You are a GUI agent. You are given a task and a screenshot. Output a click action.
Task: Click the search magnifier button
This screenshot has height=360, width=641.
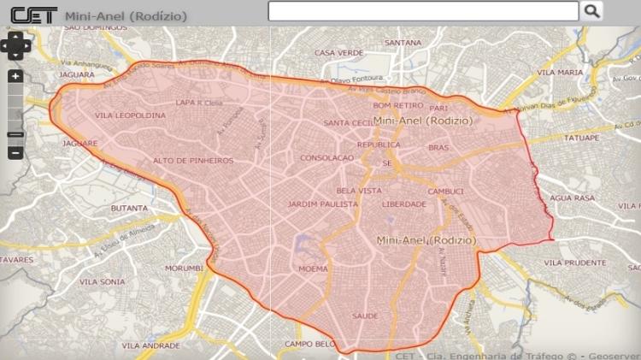pyautogui.click(x=591, y=11)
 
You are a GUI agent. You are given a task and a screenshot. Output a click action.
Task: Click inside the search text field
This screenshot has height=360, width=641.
pyautogui.click(x=423, y=11)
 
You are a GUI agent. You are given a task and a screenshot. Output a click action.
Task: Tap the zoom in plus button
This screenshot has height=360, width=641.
pyautogui.click(x=15, y=76)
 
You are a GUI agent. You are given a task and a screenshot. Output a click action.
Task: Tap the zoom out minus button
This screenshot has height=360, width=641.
pyautogui.click(x=15, y=153)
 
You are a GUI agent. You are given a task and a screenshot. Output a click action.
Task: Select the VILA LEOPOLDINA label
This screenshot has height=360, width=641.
pyautogui.click(x=130, y=115)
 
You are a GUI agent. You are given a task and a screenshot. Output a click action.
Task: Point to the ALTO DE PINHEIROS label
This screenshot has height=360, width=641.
pyautogui.click(x=192, y=160)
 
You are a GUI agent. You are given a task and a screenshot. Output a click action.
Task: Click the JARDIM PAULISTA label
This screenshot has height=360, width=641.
pyautogui.click(x=322, y=204)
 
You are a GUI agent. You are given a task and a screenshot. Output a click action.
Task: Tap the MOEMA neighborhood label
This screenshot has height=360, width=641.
pyautogui.click(x=313, y=269)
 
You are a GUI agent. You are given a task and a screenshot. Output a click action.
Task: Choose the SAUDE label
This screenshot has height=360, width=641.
pyautogui.click(x=365, y=316)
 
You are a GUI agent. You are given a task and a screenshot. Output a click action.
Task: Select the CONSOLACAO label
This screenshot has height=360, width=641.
pyautogui.click(x=326, y=158)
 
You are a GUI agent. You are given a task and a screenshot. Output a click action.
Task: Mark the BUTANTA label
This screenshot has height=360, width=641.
pyautogui.click(x=129, y=208)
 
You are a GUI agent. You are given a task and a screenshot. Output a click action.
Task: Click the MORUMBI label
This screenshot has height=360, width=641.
pyautogui.click(x=184, y=268)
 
